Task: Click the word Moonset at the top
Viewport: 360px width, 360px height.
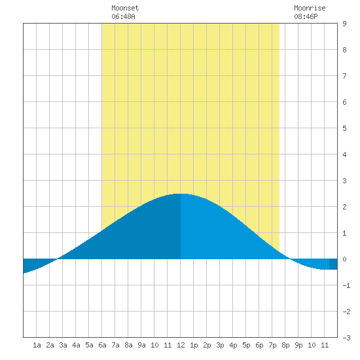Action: pyautogui.click(x=125, y=8)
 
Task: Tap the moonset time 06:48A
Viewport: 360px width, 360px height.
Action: pyautogui.click(x=123, y=16)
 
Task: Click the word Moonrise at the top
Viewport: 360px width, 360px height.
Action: pyautogui.click(x=310, y=8)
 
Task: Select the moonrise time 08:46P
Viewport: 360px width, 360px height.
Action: pyautogui.click(x=306, y=16)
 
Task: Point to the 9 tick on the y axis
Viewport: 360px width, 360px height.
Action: pyautogui.click(x=344, y=24)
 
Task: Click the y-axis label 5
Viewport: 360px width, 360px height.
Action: pyautogui.click(x=344, y=128)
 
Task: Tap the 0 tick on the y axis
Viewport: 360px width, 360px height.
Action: pyautogui.click(x=344, y=259)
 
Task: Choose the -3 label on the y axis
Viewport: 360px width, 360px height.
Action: pyautogui.click(x=346, y=338)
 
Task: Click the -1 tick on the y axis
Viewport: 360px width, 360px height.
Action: pyautogui.click(x=346, y=285)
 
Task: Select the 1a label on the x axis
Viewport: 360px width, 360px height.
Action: pyautogui.click(x=37, y=345)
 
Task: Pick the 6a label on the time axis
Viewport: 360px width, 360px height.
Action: pyautogui.click(x=102, y=345)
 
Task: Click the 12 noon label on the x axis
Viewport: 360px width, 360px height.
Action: pyautogui.click(x=181, y=345)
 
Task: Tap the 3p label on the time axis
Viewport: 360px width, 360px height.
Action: pyautogui.click(x=220, y=345)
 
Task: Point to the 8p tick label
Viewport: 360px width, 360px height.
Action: pyautogui.click(x=285, y=345)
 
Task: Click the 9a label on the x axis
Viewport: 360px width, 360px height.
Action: pyautogui.click(x=141, y=345)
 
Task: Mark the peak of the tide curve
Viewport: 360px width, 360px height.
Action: pyautogui.click(x=180, y=194)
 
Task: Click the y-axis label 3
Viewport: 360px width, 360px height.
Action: pyautogui.click(x=344, y=181)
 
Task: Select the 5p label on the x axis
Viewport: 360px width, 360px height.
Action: pyautogui.click(x=246, y=345)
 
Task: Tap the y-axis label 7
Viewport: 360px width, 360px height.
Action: pyautogui.click(x=344, y=76)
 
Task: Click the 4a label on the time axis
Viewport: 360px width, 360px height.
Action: pyautogui.click(x=76, y=345)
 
